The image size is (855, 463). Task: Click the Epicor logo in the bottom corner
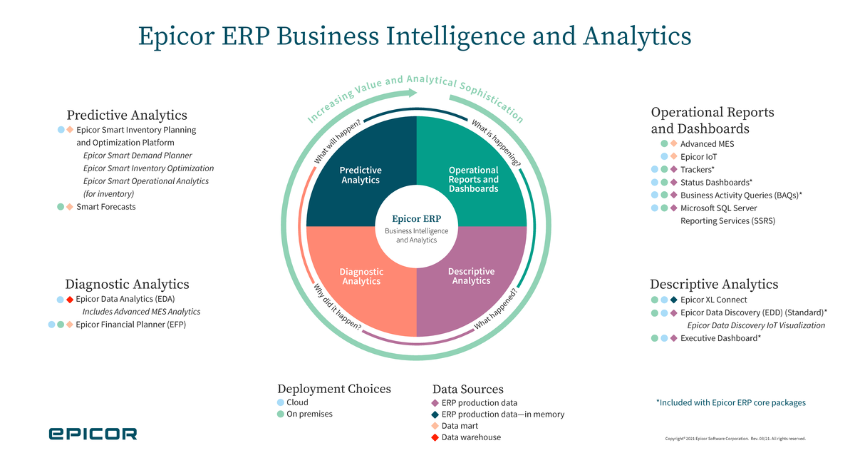[x=93, y=434]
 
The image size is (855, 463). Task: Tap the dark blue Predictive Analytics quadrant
[x=356, y=164]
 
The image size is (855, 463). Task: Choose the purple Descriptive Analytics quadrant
[x=474, y=285]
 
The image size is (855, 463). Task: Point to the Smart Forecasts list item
[x=105, y=207]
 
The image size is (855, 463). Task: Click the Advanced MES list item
[x=707, y=144]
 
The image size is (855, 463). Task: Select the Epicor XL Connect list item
[x=713, y=300]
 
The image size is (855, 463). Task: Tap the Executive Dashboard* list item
[x=720, y=338]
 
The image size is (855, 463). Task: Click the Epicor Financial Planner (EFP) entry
[x=130, y=325]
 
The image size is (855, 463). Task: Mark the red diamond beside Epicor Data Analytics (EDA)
[x=70, y=300]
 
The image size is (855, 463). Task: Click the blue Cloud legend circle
[x=281, y=402]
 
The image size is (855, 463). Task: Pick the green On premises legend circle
[x=281, y=414]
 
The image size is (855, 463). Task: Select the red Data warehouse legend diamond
[x=435, y=437]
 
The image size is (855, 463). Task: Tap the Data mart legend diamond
[x=435, y=426]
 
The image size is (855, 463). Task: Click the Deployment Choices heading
[x=333, y=389]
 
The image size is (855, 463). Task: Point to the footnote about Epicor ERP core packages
[x=730, y=403]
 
